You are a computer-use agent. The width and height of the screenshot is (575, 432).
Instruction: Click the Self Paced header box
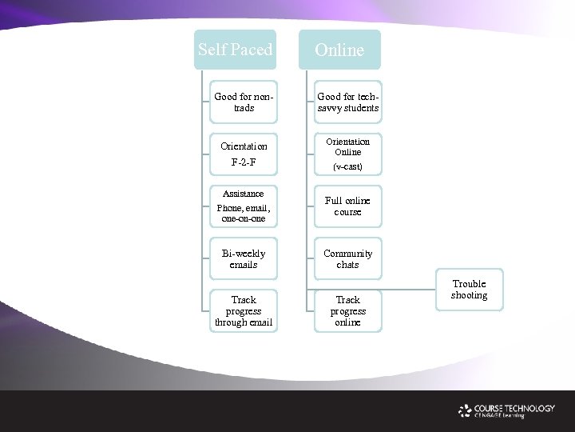[x=235, y=50]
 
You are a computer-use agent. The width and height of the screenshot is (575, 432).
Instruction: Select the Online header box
[x=339, y=50]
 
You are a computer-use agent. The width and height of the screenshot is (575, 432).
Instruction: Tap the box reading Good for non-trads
[x=244, y=102]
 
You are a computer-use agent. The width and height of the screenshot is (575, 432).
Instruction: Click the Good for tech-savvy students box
[x=347, y=102]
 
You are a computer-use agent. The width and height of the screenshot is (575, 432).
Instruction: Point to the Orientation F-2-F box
[x=244, y=154]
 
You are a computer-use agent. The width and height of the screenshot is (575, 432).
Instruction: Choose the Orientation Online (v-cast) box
[x=347, y=154]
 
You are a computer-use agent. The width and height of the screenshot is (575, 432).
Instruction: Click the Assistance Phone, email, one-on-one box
[x=244, y=206]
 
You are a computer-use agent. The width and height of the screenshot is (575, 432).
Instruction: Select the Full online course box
[x=347, y=206]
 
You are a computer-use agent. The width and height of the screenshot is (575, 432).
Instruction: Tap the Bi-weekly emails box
[x=244, y=258]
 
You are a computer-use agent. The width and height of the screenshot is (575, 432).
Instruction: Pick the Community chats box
[x=347, y=258]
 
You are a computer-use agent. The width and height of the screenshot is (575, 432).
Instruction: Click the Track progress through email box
[x=244, y=311]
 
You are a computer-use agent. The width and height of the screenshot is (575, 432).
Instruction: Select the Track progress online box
[x=347, y=311]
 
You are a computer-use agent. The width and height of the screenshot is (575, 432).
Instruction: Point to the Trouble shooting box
[x=469, y=290]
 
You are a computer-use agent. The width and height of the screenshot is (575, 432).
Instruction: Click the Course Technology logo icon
[x=465, y=410]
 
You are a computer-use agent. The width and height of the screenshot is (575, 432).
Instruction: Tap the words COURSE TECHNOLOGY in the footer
[x=514, y=408]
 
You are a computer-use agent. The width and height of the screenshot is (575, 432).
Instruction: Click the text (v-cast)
[x=347, y=166]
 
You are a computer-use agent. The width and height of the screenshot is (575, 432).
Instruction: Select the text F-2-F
[x=244, y=162]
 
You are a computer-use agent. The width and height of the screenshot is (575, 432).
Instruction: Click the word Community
[x=347, y=254]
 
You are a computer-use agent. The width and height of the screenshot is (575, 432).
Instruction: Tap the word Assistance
[x=244, y=194]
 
